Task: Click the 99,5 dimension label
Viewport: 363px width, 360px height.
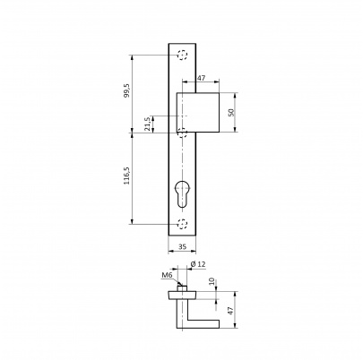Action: tap(127, 90)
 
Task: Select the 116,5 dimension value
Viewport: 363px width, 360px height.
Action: tap(127, 176)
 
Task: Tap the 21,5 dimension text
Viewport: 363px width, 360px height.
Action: tap(147, 124)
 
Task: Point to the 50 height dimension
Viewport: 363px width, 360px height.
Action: tap(230, 112)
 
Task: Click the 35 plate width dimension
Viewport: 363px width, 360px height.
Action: tap(182, 246)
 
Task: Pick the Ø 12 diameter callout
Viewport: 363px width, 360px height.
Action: tap(198, 264)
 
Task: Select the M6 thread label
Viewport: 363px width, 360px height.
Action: tap(167, 275)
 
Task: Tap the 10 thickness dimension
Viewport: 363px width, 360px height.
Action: tap(212, 281)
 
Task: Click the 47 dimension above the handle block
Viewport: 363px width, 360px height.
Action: tap(202, 78)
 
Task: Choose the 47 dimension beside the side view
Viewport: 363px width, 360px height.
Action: tap(230, 310)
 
